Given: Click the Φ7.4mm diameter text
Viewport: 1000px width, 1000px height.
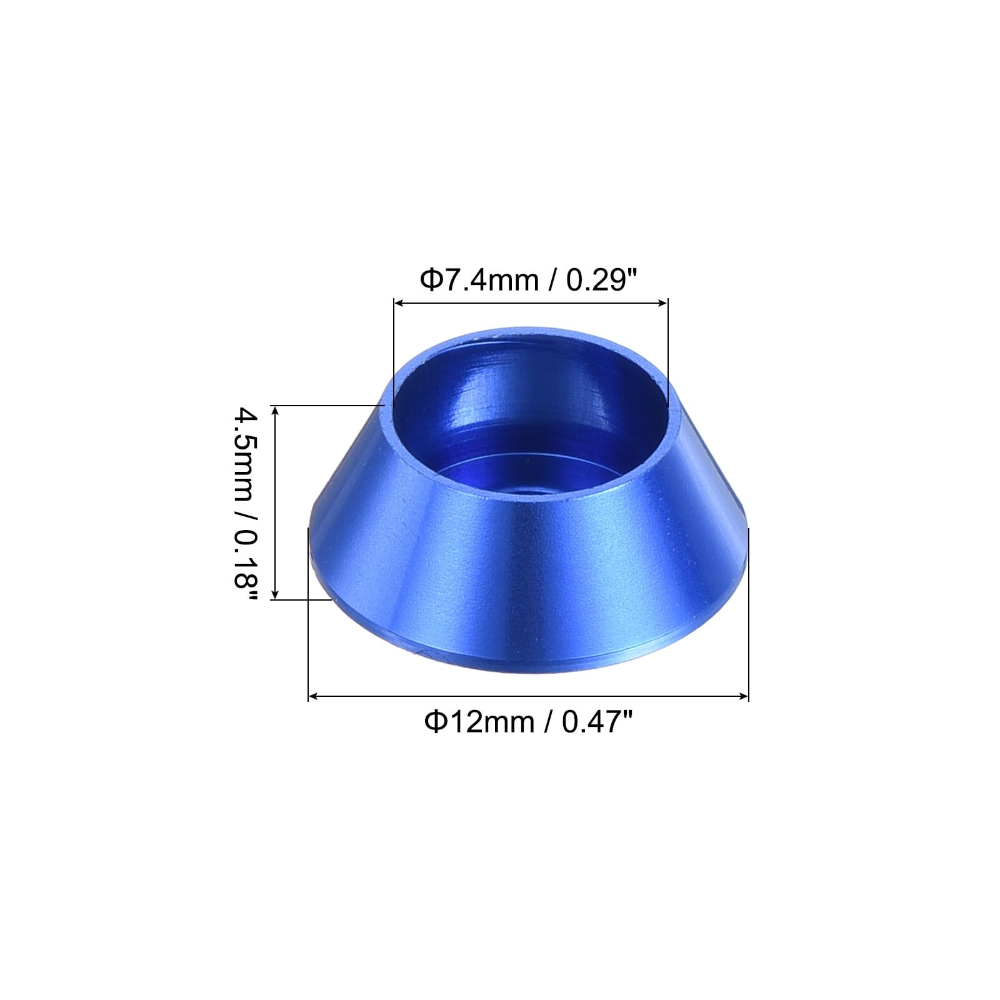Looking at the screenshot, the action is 479,280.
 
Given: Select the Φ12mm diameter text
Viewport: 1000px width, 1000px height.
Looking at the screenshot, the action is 479,722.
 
